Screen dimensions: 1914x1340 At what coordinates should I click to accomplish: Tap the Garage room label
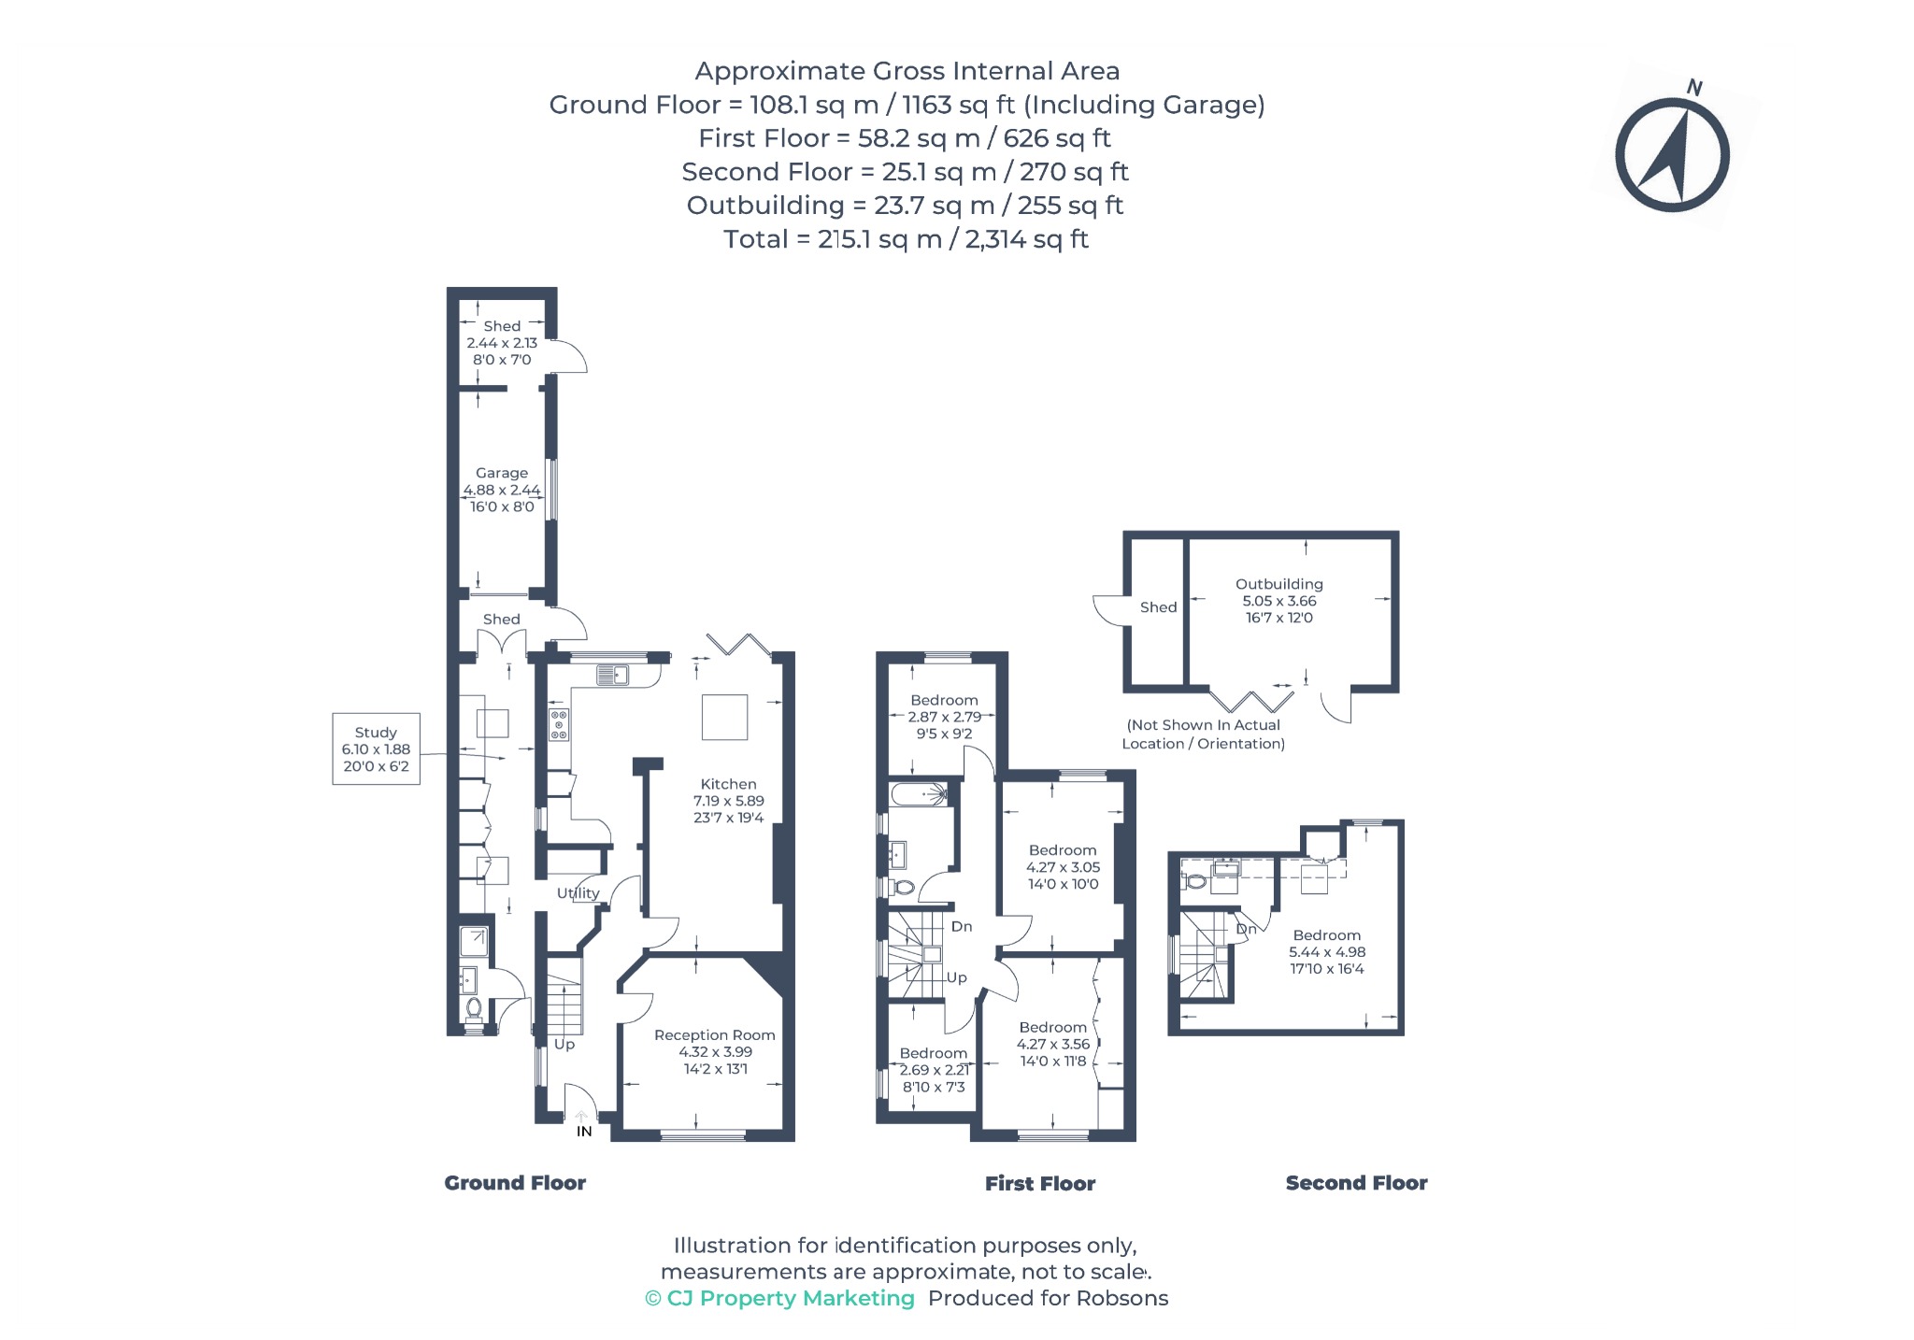[502, 473]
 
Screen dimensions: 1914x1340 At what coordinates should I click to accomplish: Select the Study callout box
[376, 749]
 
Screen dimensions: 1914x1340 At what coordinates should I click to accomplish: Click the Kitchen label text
[728, 784]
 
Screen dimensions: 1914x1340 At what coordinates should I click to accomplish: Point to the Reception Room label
[715, 1034]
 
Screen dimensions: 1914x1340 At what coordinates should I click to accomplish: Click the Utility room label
[578, 893]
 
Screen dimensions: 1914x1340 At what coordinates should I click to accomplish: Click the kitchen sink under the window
[613, 674]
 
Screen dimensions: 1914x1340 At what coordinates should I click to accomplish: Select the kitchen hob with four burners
[559, 725]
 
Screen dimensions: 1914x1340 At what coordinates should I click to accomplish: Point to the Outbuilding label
[1278, 584]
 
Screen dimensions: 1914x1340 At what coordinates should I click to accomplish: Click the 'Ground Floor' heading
[515, 1183]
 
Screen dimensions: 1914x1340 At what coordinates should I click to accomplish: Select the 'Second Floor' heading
[1356, 1183]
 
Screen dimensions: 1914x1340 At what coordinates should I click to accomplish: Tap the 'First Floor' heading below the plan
[1040, 1184]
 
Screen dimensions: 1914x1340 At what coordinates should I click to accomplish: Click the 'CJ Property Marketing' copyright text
[779, 1298]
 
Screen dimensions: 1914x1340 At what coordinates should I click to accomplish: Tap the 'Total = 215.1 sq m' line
[906, 239]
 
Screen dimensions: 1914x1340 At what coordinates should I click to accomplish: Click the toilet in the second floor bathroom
[1194, 880]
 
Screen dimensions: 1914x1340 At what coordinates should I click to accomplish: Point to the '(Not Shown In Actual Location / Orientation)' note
[1203, 734]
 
